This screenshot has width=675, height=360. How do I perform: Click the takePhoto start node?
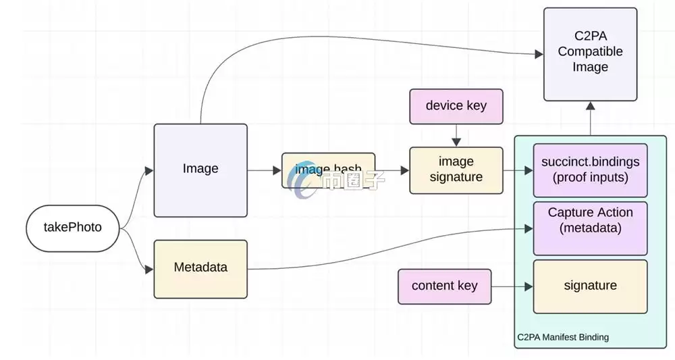[73, 228]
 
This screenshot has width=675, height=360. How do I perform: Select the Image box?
[200, 170]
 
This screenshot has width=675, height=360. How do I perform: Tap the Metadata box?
[200, 268]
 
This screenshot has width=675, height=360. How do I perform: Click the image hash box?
[328, 170]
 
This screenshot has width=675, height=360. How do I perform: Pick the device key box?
[456, 106]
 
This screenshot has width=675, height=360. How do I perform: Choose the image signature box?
[456, 170]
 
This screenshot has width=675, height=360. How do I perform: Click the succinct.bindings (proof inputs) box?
[591, 170]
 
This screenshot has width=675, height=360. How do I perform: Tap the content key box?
[444, 286]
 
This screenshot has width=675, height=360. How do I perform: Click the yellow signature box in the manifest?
[591, 286]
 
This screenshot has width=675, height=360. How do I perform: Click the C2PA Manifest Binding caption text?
[563, 337]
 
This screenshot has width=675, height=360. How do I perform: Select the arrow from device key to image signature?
[456, 135]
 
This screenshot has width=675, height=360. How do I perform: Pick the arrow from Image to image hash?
[264, 170]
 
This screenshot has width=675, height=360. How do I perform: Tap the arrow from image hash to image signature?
[391, 170]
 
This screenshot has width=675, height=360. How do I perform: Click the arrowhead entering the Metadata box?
[149, 269]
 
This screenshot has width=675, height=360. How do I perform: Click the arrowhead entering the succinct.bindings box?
[529, 170]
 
